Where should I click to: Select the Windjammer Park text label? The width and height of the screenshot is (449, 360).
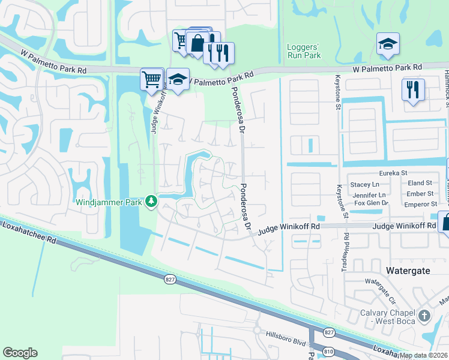109,202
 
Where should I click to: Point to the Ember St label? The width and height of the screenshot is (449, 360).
420,194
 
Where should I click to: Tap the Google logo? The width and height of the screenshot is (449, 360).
20,353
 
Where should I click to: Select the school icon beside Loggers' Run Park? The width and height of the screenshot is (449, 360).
388,43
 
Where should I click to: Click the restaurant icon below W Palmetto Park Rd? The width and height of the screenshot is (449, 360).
413,90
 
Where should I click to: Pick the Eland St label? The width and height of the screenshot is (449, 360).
420,183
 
